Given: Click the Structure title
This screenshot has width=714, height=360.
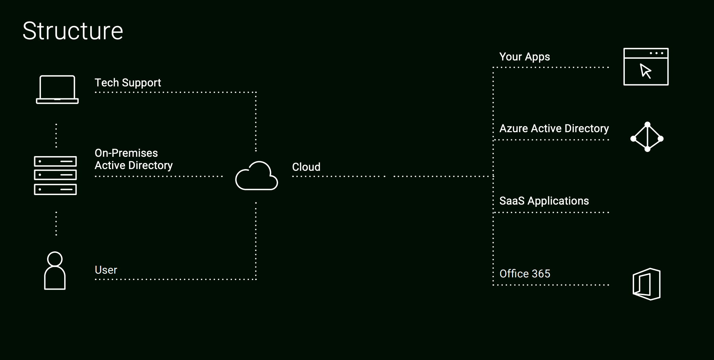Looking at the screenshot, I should (73, 31).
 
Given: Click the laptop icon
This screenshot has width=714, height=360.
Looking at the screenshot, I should (57, 89).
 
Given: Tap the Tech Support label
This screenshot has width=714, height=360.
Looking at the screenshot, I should (128, 83).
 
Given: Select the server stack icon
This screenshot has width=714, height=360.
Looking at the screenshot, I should (55, 176).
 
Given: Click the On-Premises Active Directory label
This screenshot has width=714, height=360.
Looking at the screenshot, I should (134, 159).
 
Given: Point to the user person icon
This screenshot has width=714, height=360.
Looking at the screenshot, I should (55, 271).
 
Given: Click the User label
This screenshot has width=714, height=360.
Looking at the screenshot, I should (106, 270).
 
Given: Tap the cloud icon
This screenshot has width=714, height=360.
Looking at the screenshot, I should (257, 176).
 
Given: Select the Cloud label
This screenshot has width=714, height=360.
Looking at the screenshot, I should (306, 167).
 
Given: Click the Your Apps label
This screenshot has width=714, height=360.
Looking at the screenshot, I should (525, 57).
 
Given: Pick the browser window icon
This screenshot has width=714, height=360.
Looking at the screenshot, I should (646, 67).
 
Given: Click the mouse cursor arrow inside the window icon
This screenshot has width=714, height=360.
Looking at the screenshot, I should (645, 71).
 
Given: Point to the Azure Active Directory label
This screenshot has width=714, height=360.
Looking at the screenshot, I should (554, 128).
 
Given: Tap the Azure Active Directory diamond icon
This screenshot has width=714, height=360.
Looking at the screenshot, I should (647, 137).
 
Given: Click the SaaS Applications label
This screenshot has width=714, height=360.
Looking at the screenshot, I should (544, 201).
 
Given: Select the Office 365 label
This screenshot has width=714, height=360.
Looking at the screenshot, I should (525, 274).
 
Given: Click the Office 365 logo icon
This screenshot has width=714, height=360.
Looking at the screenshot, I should (646, 284).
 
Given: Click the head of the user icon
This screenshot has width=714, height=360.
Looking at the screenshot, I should (55, 259).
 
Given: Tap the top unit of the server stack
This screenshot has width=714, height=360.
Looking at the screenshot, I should (55, 161).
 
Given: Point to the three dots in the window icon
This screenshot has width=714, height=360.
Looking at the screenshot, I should (656, 53).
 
